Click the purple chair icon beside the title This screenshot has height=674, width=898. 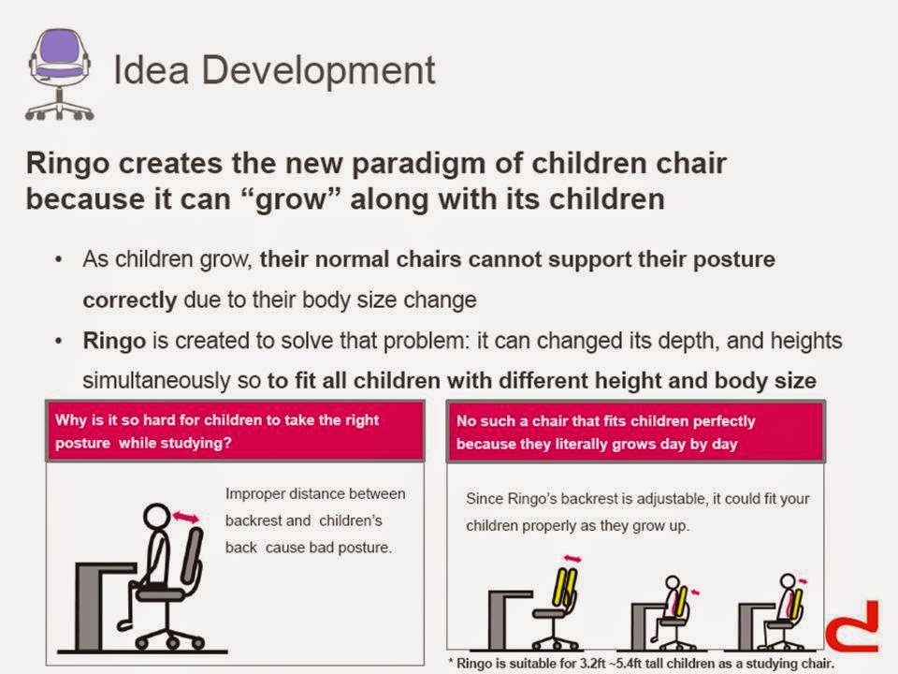click(x=60, y=74)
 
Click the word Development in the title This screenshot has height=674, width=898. click(x=318, y=71)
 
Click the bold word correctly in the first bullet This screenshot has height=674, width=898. click(x=130, y=300)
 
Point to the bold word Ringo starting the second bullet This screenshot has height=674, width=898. click(x=114, y=342)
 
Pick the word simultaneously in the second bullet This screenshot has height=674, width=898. click(x=156, y=381)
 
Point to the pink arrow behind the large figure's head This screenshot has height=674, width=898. click(x=185, y=518)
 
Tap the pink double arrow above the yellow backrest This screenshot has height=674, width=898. click(x=572, y=559)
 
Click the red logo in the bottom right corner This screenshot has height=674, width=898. click(x=853, y=627)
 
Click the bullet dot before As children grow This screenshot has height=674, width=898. click(x=58, y=259)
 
